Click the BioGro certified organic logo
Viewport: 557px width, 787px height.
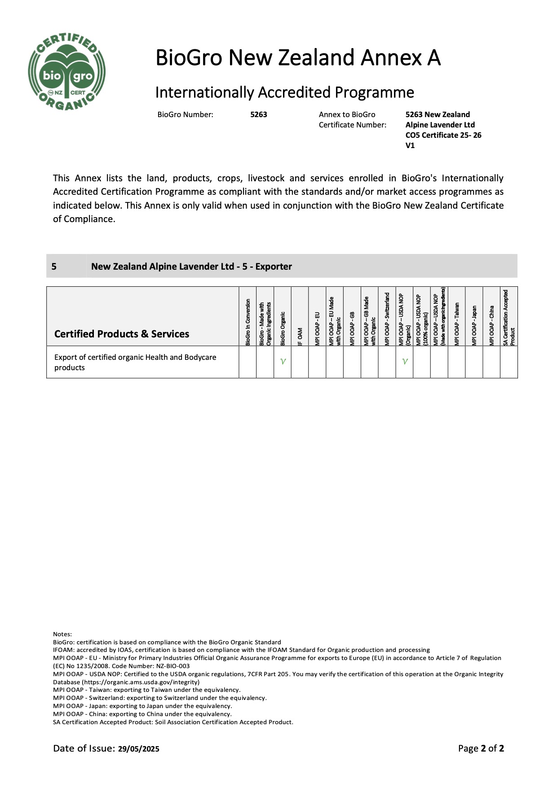pyautogui.click(x=66, y=72)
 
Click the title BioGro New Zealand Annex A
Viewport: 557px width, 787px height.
pyautogui.click(x=298, y=58)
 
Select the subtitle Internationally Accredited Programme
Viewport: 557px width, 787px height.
pyautogui.click(x=284, y=92)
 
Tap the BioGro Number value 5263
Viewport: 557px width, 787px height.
pyautogui.click(x=258, y=114)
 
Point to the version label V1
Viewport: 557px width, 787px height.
pyautogui.click(x=410, y=145)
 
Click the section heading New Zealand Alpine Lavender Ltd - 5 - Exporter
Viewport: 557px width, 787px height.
pyautogui.click(x=191, y=267)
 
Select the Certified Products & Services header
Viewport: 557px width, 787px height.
pyautogui.click(x=122, y=334)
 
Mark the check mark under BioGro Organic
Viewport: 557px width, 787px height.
pyautogui.click(x=283, y=362)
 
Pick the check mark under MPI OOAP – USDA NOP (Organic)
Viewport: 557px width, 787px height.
pyautogui.click(x=405, y=362)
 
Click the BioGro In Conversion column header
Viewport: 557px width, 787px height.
pyautogui.click(x=248, y=322)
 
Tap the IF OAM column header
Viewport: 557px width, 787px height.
pyautogui.click(x=300, y=336)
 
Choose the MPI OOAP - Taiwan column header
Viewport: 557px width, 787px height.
pyautogui.click(x=457, y=324)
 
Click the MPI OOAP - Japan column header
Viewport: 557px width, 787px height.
pyautogui.click(x=474, y=325)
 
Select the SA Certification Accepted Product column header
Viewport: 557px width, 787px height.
pyautogui.click(x=509, y=318)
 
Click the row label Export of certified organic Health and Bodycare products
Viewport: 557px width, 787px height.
pyautogui.click(x=135, y=362)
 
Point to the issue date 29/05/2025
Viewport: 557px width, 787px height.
pyautogui.click(x=139, y=748)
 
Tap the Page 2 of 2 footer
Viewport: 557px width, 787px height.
pyautogui.click(x=481, y=748)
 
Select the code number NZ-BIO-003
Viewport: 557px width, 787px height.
pyautogui.click(x=173, y=666)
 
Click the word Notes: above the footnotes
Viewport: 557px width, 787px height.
pyautogui.click(x=62, y=634)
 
